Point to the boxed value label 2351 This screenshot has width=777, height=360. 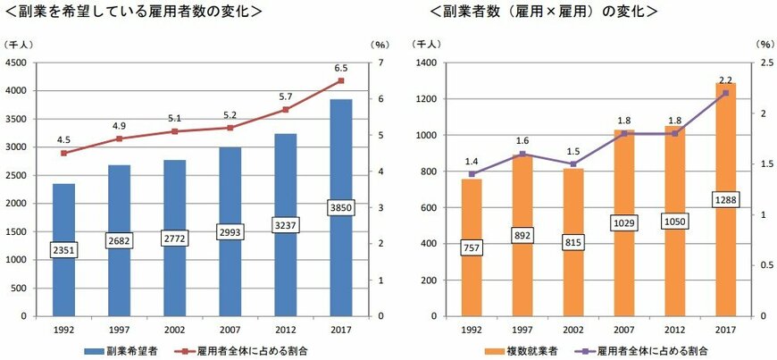pos(63,250)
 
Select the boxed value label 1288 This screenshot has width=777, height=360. pos(726,200)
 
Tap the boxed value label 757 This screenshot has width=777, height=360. pos(472,247)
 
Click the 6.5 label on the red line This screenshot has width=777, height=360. pos(340,68)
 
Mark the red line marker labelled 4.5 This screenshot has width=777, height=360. pos(63,153)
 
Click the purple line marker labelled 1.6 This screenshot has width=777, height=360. pos(522,154)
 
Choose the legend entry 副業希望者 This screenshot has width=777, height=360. pos(125,351)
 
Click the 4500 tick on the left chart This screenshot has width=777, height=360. pos(15,63)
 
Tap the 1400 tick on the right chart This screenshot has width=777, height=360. pos(423,63)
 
